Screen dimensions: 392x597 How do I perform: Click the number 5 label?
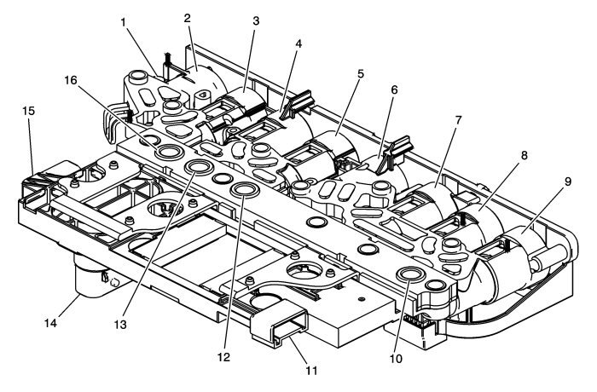[x=361, y=74]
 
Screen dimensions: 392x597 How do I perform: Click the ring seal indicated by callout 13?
[x=200, y=166]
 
